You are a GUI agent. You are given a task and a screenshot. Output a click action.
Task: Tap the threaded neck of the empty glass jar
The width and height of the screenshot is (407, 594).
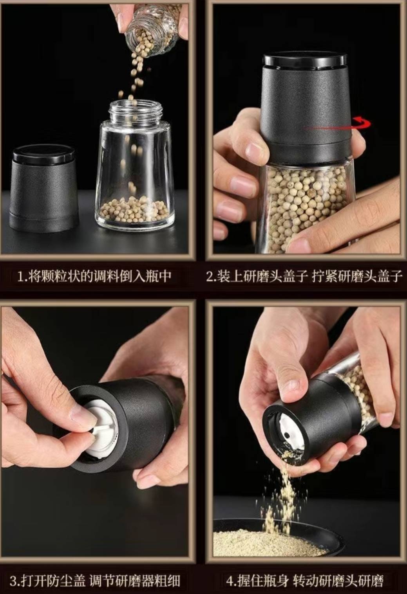tap(136, 111)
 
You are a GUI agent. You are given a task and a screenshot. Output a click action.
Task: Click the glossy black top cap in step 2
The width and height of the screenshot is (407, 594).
tap(305, 61)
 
